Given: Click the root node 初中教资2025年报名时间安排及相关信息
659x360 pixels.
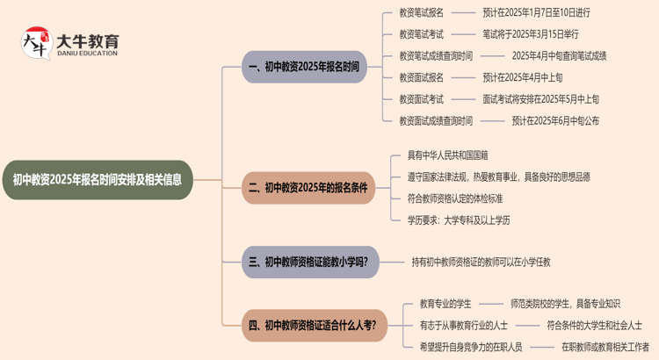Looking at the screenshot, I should coord(97,180).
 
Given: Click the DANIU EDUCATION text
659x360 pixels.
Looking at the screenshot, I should coord(87,54).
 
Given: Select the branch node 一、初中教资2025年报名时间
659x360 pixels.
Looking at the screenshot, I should coord(304,67).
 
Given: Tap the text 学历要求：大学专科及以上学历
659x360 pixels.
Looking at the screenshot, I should coord(458,220).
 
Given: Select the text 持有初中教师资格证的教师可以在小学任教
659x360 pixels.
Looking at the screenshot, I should coord(481,262).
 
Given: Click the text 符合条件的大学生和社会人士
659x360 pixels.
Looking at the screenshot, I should coord(594,326).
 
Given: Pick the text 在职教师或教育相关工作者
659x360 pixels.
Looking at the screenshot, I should coord(605,347).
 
